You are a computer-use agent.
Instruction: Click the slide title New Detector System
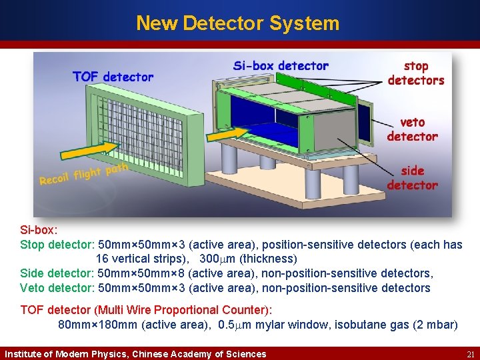[x=238, y=23]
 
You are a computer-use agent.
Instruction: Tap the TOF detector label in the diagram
[x=113, y=77]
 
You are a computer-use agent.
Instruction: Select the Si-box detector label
[x=281, y=66]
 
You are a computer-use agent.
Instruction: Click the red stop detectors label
[x=416, y=73]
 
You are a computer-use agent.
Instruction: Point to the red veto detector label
[x=413, y=129]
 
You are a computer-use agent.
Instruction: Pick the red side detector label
[x=413, y=178]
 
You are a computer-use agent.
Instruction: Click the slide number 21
[x=470, y=354]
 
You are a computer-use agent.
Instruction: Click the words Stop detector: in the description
[x=57, y=245]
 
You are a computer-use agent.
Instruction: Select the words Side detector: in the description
[x=57, y=273]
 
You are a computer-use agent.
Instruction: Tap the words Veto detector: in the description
[x=57, y=288]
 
